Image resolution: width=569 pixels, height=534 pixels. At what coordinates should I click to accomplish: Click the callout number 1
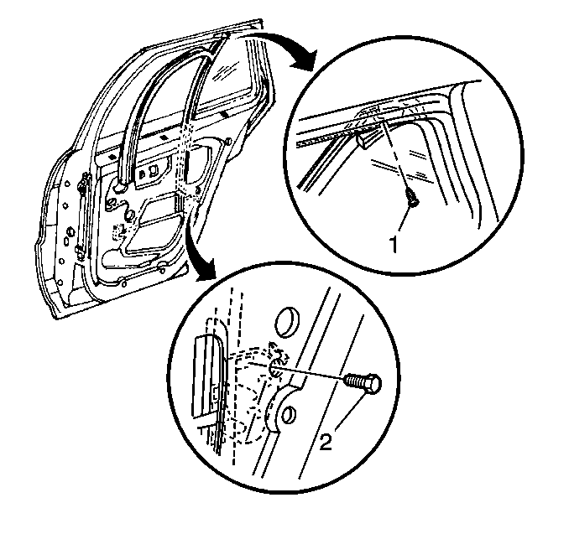click(x=394, y=244)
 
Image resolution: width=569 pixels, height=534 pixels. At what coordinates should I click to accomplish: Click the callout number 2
click(x=326, y=442)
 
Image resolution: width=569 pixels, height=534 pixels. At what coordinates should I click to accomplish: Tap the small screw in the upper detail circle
click(x=413, y=199)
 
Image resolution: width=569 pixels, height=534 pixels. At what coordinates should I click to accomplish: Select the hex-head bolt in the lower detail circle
click(x=363, y=383)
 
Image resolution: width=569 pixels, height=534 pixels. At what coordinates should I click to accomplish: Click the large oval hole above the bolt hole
click(x=287, y=323)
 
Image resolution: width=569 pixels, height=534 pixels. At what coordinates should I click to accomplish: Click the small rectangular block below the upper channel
click(x=368, y=139)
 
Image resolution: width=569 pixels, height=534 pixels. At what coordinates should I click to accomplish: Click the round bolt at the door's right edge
click(x=228, y=140)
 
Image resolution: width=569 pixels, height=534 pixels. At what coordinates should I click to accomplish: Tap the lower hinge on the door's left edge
click(x=81, y=251)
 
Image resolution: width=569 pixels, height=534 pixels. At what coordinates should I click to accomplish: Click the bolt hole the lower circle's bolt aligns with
click(x=274, y=370)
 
